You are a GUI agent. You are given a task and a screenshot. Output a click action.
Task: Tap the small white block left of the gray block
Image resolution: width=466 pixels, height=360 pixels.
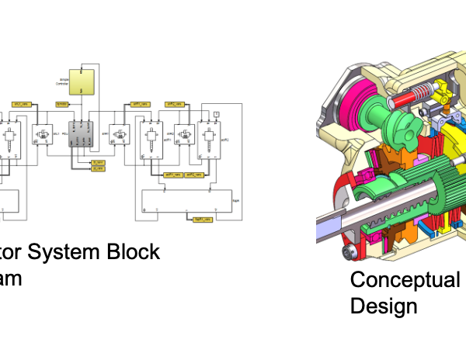(x=40, y=137)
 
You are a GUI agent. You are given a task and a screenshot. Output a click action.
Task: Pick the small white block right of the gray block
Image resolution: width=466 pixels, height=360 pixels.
(x=118, y=137)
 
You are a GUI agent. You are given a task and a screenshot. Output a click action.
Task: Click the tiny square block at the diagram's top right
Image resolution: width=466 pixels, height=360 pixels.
(x=216, y=114)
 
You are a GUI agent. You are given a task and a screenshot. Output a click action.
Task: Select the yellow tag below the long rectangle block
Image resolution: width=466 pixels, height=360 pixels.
(x=203, y=220)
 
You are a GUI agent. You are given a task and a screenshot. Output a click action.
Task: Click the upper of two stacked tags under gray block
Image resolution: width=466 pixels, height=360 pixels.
(x=97, y=161)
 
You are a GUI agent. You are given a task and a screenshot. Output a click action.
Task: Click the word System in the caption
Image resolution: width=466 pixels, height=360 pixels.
(x=75, y=252)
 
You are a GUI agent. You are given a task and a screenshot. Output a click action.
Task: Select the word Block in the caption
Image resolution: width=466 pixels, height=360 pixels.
(x=137, y=252)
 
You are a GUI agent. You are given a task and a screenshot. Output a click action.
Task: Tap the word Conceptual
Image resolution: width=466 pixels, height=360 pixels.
(x=405, y=280)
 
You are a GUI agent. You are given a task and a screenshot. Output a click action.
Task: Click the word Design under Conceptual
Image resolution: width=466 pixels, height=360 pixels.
(x=384, y=306)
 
